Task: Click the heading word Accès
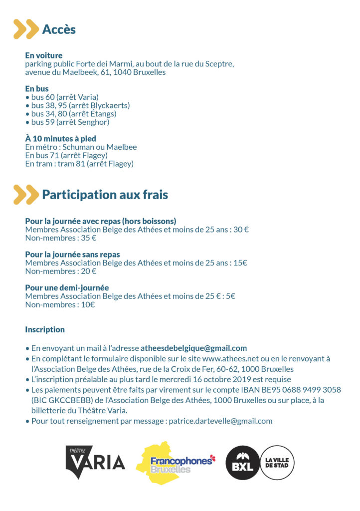coord(59,29)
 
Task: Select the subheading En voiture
coord(44,55)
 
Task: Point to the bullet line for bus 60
coord(62,97)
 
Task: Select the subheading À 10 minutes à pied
coord(60,138)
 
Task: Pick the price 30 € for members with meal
coord(241,230)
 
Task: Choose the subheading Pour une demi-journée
coord(67,287)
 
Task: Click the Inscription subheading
coord(45,329)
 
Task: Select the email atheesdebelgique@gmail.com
coord(193,348)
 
